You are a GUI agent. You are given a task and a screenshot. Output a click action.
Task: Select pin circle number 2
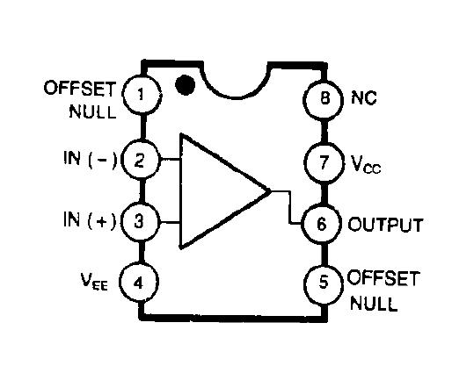(x=139, y=160)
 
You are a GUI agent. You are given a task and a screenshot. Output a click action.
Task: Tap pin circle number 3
(x=139, y=220)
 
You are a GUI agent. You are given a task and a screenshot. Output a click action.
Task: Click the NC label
(x=365, y=98)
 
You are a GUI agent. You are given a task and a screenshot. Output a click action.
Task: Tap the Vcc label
(x=366, y=163)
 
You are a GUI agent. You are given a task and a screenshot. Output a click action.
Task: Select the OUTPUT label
(x=386, y=224)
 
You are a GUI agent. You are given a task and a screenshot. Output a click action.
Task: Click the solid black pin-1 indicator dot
(x=185, y=85)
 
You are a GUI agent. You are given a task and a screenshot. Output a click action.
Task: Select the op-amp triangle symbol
(x=215, y=190)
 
